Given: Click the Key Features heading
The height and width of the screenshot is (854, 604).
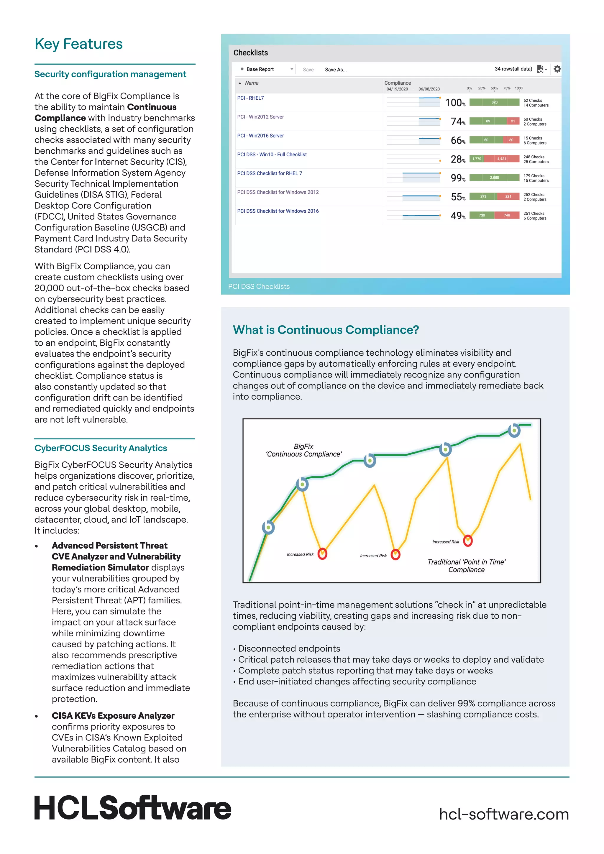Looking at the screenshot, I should pos(78,44).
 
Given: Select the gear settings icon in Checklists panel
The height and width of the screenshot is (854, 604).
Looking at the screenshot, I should pos(557,69).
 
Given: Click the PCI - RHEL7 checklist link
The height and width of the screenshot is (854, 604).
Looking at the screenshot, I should pos(250,98).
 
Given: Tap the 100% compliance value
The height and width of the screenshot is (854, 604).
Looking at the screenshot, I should pos(455,103).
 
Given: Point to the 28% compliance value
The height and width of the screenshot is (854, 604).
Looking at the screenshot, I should pos(457,159).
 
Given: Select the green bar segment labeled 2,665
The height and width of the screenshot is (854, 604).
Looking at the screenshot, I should pos(494,178).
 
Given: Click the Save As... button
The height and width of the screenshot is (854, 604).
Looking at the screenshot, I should pos(335,70).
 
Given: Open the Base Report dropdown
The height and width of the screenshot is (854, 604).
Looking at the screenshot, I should pos(267,69).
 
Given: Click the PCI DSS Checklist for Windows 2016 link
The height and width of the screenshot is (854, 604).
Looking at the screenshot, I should pos(278,211).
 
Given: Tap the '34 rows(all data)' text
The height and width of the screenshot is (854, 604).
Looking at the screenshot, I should pos(513,69).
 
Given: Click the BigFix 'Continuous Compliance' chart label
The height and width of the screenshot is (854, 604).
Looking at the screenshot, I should pos(303,450).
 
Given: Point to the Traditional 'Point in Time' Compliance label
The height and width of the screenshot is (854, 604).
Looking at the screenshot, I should pos(466,566).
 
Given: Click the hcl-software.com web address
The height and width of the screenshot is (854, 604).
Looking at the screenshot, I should pos(504,814).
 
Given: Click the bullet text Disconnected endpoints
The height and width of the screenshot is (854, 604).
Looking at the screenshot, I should pos(289,649).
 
